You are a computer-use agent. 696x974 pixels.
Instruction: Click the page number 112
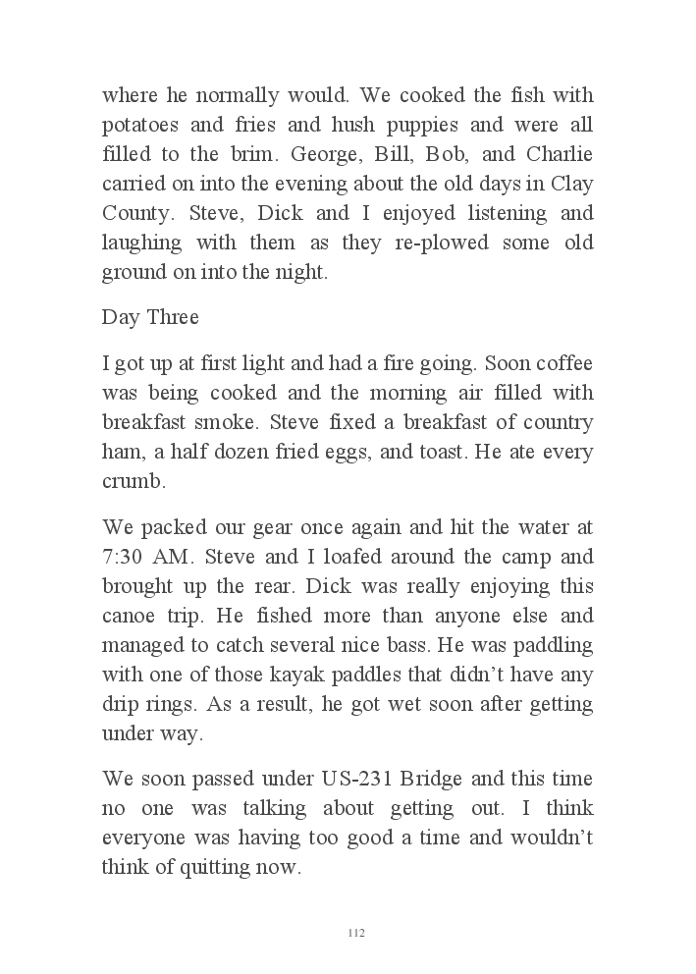pyautogui.click(x=356, y=932)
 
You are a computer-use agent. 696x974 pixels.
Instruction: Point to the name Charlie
pyautogui.click(x=560, y=155)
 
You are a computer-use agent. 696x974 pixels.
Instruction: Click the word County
pyautogui.click(x=135, y=214)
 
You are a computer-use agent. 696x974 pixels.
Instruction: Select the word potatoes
pyautogui.click(x=139, y=126)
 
